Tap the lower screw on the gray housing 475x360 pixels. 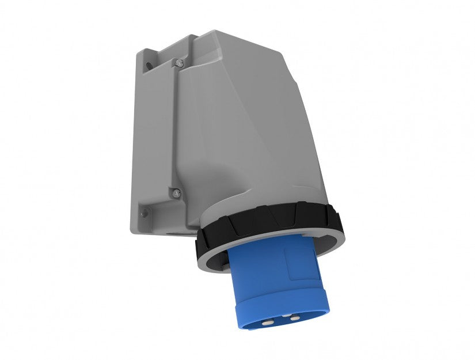[x=177, y=192]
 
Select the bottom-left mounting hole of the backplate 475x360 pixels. [x=145, y=213]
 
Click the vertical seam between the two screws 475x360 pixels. [x=176, y=127]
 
